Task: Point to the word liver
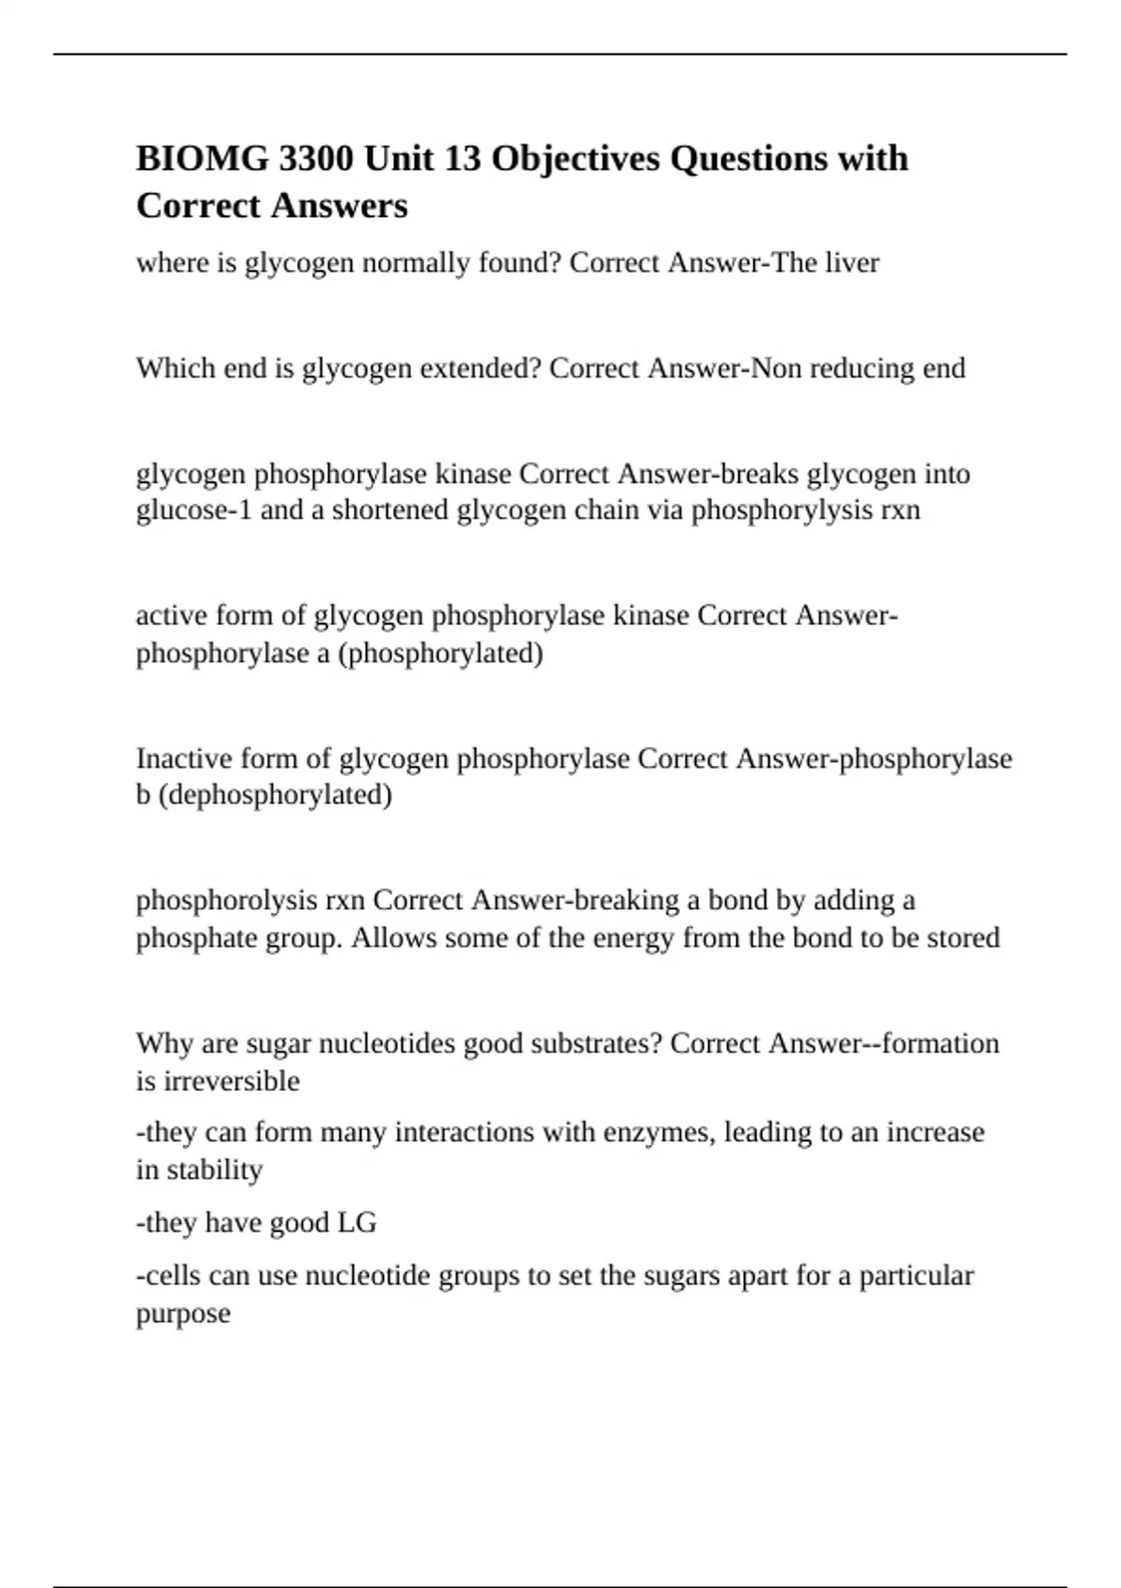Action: (x=852, y=263)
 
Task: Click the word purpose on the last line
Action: (x=183, y=1314)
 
